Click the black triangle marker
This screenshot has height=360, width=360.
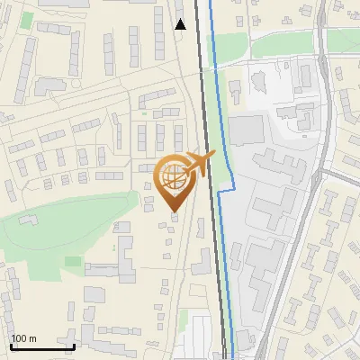point(181,24)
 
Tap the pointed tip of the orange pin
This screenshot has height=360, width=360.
point(174,212)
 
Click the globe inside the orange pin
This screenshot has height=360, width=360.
point(173,178)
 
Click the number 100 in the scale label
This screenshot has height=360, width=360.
point(19,338)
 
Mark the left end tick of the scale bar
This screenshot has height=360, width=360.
point(11,344)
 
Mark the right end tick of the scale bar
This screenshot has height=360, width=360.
point(74,344)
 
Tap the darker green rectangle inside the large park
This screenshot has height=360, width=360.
point(72,261)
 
